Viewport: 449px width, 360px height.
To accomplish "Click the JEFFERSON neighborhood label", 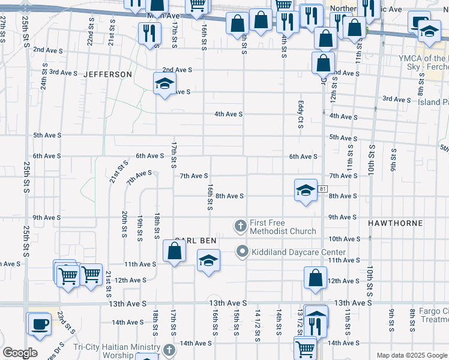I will click(107, 74).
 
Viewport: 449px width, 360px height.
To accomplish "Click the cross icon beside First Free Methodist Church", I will click(240, 226).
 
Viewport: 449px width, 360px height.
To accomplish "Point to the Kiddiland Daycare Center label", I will click(298, 252).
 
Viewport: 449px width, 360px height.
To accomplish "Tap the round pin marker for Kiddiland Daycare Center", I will click(243, 251).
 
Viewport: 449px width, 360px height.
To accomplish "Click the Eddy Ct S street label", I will click(299, 114).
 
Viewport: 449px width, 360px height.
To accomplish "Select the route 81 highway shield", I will click(323, 189).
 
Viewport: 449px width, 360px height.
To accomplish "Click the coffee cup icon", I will click(40, 323).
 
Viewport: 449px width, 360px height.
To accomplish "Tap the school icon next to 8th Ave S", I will click(306, 191).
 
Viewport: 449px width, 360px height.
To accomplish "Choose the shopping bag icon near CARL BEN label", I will click(174, 251).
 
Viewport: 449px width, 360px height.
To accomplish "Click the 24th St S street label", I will click(44, 77).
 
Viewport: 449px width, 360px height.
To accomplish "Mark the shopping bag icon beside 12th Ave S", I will click(315, 278).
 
